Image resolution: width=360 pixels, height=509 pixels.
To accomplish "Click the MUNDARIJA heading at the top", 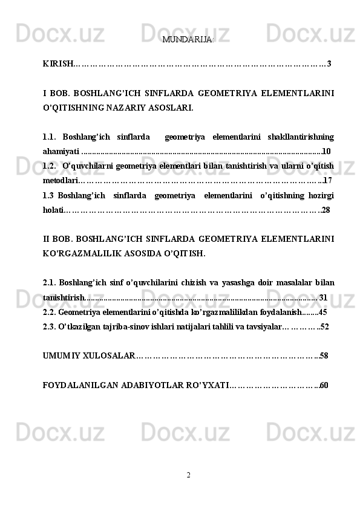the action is click(188, 40).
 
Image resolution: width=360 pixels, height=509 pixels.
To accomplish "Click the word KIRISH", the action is click(57, 63).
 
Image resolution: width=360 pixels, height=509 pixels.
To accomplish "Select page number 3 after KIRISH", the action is click(329, 63).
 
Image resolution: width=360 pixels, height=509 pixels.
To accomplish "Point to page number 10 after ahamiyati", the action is click(327, 151).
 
